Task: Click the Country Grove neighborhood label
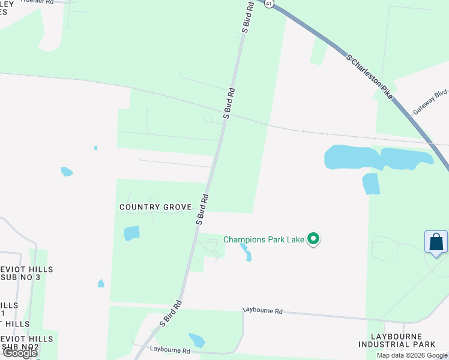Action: click(x=155, y=207)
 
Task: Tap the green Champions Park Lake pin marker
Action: click(x=313, y=239)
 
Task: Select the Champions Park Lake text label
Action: click(x=264, y=239)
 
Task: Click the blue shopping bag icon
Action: click(x=436, y=242)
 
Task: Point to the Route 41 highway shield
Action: click(x=268, y=3)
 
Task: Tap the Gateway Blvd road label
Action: click(x=430, y=103)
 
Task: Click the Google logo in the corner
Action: click(x=20, y=353)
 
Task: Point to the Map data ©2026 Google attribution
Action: click(x=412, y=355)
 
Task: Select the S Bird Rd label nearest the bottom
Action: click(x=170, y=314)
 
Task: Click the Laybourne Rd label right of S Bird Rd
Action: click(x=262, y=311)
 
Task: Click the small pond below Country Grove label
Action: click(x=131, y=233)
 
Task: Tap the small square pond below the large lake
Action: click(x=371, y=184)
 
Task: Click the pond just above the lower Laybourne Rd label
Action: click(x=196, y=340)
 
